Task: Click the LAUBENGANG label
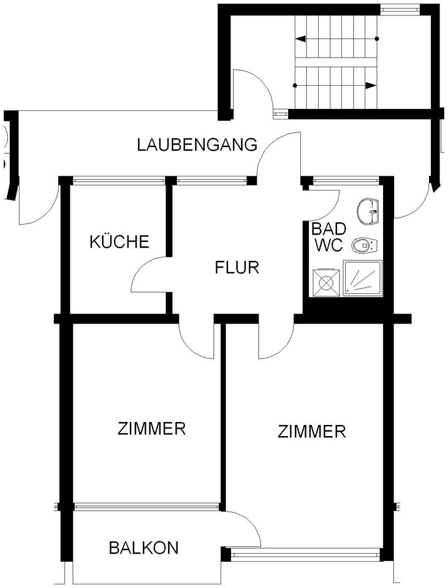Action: (x=197, y=145)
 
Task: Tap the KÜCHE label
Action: (x=120, y=242)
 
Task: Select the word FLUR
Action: (x=238, y=268)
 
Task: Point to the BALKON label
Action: (x=143, y=547)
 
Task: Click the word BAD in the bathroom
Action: (x=329, y=229)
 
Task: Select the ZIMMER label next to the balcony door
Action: (x=312, y=432)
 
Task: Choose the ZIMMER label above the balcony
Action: (x=151, y=428)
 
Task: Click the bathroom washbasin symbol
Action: (x=370, y=211)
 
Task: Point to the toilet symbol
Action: (x=364, y=246)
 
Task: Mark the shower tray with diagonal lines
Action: (x=364, y=279)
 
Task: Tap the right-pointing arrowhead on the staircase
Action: (x=371, y=85)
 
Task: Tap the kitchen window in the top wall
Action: (x=119, y=181)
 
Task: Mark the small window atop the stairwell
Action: (x=398, y=9)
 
